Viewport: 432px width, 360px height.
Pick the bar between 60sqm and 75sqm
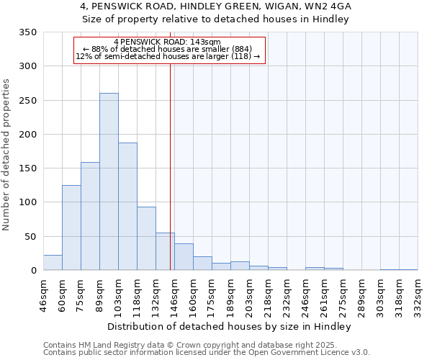pyautogui.click(x=71, y=228)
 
